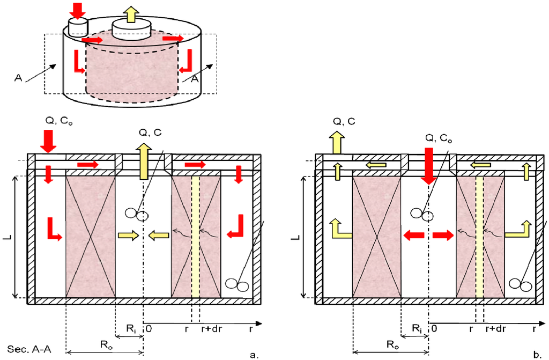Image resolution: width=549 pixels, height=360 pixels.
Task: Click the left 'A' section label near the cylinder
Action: point(19,78)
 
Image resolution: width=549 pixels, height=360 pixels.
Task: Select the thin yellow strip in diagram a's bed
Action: point(196,236)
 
